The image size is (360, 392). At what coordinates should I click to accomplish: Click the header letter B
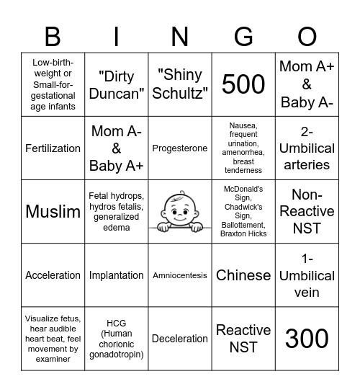[x=53, y=36]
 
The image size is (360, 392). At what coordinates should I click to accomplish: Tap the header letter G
[x=243, y=36]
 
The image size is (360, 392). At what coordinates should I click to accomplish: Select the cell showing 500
[x=243, y=85]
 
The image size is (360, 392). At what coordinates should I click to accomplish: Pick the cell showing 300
[x=307, y=339]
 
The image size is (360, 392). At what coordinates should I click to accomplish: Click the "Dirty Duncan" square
[x=116, y=85]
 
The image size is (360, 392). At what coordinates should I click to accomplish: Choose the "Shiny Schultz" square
[x=180, y=85]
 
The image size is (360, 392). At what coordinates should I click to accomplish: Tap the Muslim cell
[x=53, y=212]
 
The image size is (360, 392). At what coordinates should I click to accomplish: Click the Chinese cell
[x=243, y=275]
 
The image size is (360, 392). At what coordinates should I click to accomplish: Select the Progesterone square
[x=180, y=148]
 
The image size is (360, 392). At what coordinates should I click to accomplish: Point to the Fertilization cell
[x=53, y=148]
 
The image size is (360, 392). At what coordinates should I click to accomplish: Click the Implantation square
[x=116, y=275]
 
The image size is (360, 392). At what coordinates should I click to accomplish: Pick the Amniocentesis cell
[x=180, y=275]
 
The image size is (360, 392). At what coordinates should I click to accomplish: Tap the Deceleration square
[x=180, y=339]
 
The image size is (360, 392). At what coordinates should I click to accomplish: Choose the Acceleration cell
[x=53, y=275]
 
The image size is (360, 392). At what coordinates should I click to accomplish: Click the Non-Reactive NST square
[x=307, y=212]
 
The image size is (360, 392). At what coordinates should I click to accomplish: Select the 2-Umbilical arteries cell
[x=307, y=148]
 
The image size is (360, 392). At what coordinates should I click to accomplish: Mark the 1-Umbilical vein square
[x=307, y=275]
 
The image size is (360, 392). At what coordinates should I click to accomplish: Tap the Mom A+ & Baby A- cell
[x=307, y=85]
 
